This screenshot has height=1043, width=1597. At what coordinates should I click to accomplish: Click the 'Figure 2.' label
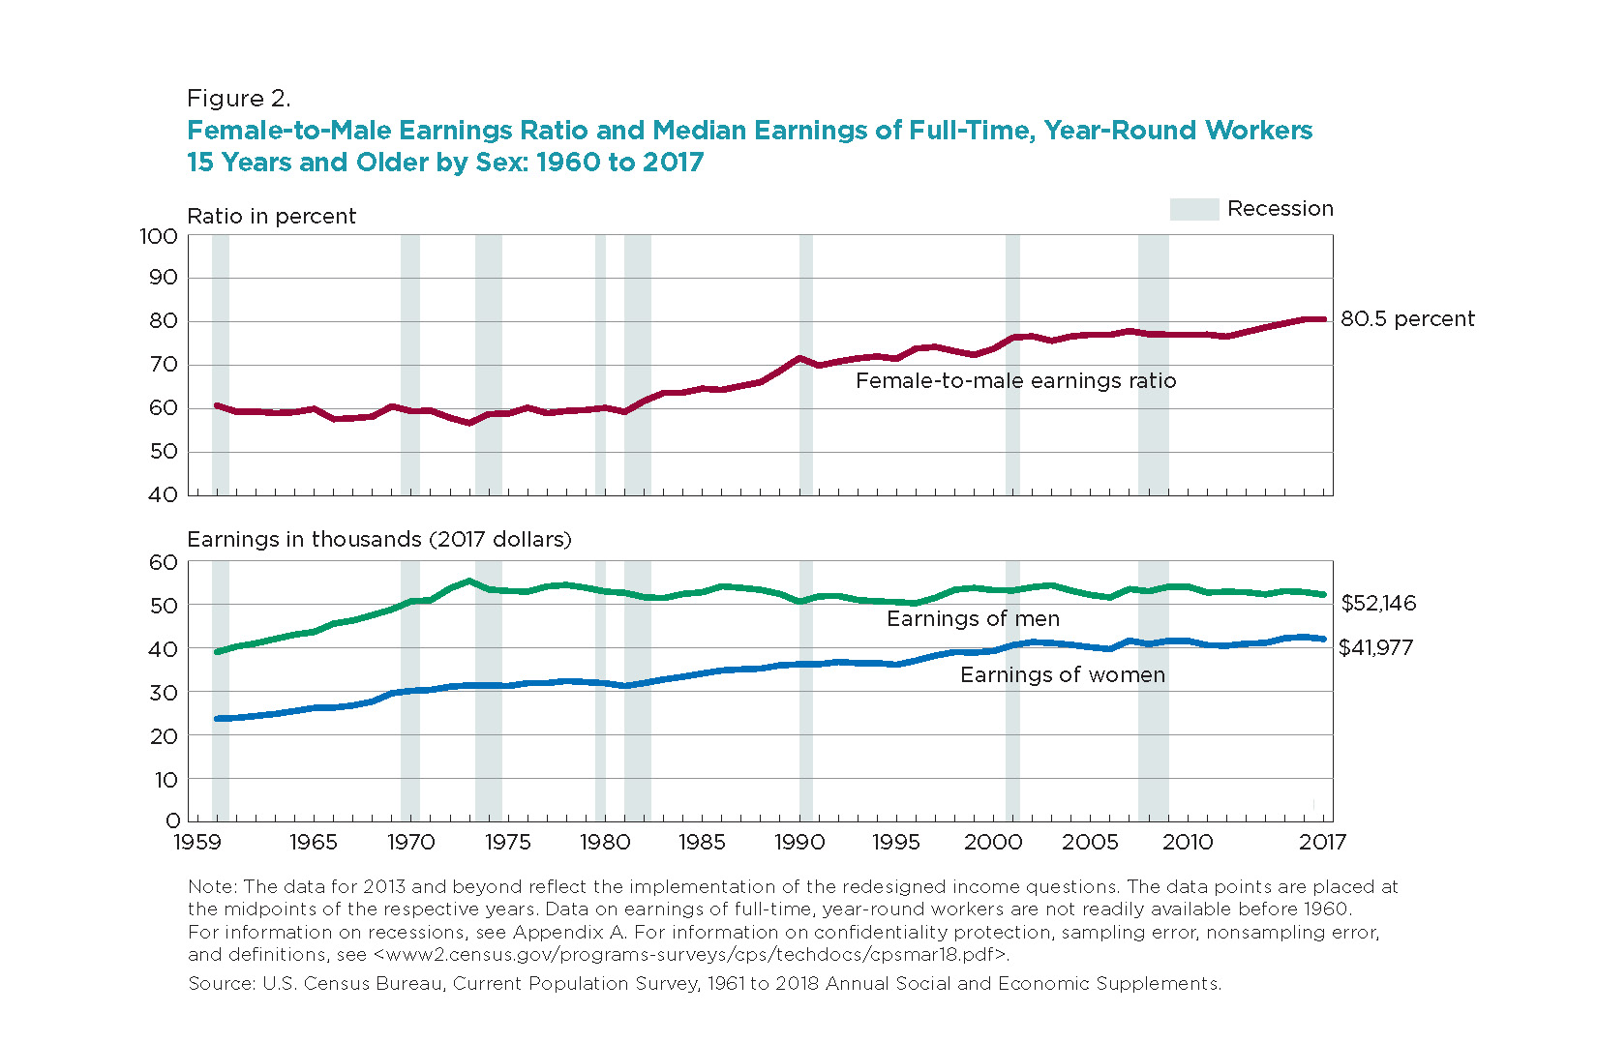coord(239,99)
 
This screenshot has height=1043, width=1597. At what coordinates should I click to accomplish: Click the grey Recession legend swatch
coord(1194,209)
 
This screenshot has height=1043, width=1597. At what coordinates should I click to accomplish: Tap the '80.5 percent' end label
coord(1407,318)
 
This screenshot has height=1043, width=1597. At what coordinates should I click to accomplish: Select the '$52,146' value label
coord(1379,604)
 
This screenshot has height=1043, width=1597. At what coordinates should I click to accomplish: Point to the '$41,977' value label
coord(1376,647)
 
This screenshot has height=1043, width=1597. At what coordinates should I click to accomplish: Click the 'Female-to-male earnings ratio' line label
coord(1016,380)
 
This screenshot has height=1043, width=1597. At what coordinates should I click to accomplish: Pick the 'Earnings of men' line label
coord(973,618)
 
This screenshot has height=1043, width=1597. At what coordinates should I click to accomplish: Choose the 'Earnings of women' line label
coord(1063,674)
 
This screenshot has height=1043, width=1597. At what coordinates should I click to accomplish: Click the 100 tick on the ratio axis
coord(159,236)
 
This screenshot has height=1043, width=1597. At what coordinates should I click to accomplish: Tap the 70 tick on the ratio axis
coord(164,365)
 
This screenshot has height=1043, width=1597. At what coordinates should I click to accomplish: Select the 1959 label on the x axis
coord(197,843)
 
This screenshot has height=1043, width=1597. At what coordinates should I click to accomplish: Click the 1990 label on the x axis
coord(799,843)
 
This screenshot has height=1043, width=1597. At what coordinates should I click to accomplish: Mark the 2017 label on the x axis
coord(1322,843)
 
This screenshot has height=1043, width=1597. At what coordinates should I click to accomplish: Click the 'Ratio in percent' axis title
coord(272,216)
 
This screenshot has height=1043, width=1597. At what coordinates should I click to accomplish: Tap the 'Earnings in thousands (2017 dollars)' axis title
coord(379,539)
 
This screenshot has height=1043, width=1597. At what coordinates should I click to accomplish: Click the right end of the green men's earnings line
coord(1324,595)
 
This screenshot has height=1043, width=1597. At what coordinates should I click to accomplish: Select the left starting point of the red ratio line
coord(217,405)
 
